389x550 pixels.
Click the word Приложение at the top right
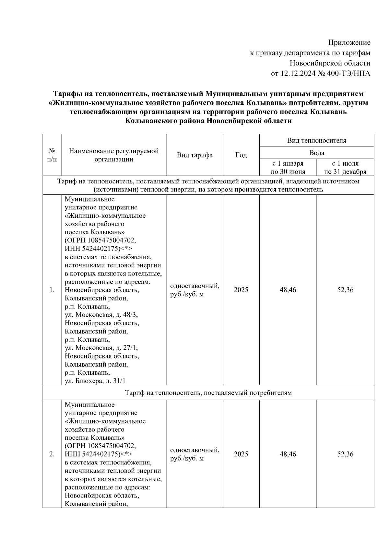coord(349,42)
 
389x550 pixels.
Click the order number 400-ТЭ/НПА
coord(348,74)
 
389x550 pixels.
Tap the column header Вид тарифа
coord(194,155)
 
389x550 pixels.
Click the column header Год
coord(241,155)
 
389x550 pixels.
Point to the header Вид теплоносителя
coord(316,140)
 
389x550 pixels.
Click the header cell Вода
coord(316,153)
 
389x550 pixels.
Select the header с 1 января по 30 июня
coord(288,168)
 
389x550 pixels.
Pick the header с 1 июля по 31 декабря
coord(345,168)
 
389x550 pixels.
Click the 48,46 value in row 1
coord(288,290)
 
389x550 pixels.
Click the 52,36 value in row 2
coord(345,454)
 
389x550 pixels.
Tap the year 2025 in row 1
coord(241,290)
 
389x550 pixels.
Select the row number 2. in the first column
coord(52,454)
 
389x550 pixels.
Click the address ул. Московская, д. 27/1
coord(101,348)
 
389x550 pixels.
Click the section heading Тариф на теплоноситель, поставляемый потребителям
coord(208,393)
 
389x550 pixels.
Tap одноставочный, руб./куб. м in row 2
coord(194,454)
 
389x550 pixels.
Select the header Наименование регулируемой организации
coord(114,155)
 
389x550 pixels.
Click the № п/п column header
coord(52,155)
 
